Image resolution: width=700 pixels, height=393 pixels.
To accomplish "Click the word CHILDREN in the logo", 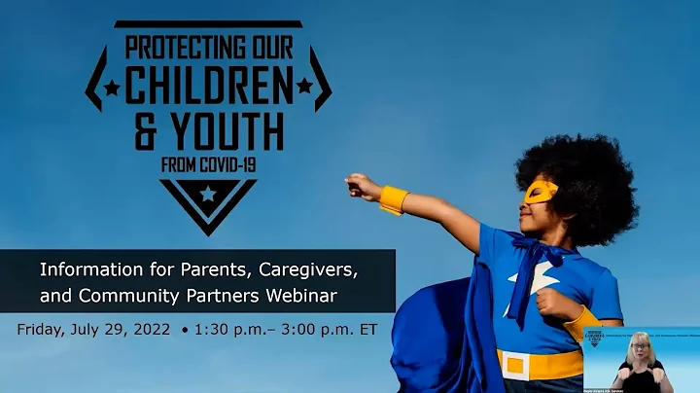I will coord(208,87).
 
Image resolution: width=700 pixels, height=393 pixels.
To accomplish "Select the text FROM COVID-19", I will coord(208,164).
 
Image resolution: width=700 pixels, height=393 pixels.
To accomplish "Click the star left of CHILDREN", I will coord(112,88).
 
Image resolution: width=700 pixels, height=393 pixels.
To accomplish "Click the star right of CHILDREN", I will coord(304,87).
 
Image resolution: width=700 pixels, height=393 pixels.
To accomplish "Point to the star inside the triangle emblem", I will coord(208,195).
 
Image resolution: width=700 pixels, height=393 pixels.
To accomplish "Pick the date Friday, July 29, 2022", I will coord(95,329).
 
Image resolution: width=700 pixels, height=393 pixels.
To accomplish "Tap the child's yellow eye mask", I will coord(541,191).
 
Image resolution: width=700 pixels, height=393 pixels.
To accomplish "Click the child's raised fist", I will coord(363,185).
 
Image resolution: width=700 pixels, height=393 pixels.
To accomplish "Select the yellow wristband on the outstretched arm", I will coord(394,199).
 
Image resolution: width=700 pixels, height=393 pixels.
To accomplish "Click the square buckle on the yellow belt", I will coord(514,365).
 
